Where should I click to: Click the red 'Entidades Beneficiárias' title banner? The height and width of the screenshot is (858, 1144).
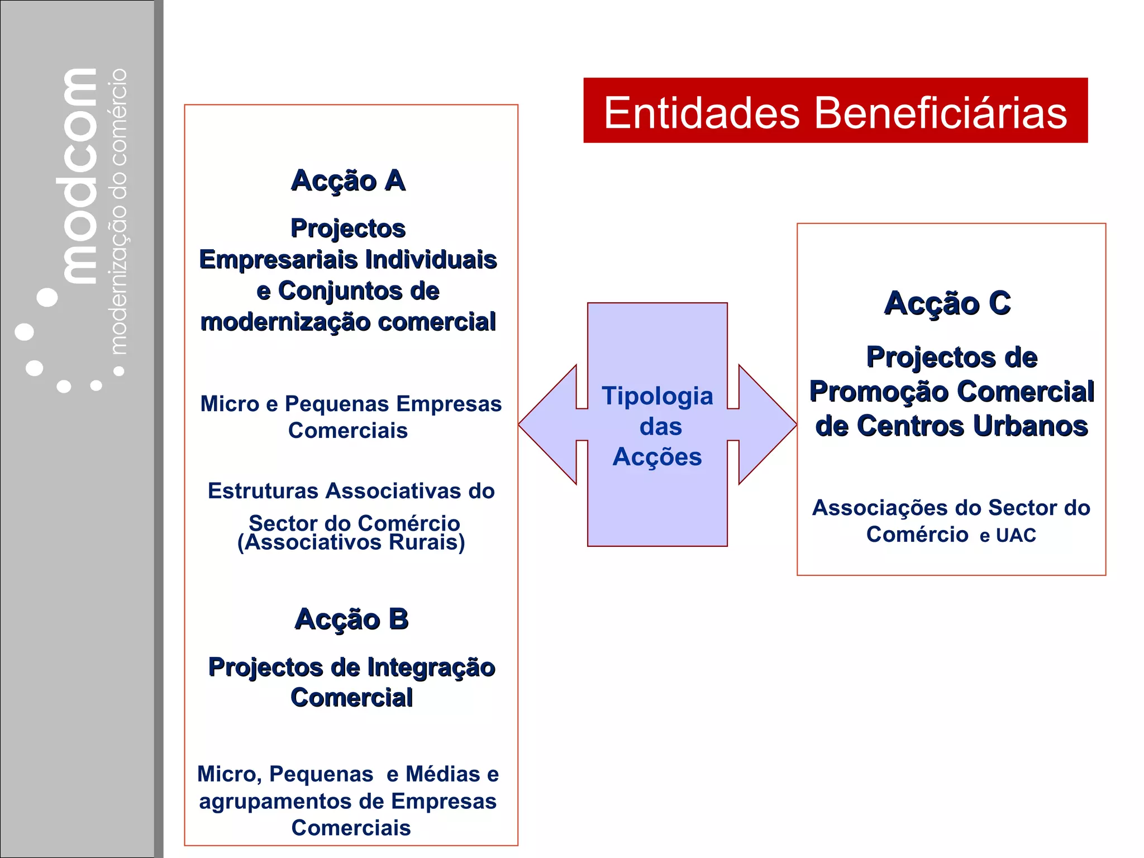coord(835,111)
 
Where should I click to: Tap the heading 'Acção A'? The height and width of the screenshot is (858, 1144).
coord(348,180)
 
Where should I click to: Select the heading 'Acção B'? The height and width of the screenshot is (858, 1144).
coord(351,619)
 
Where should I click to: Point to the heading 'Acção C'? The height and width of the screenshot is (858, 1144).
coord(947,303)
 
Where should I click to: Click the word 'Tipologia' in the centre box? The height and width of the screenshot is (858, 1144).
coord(657,396)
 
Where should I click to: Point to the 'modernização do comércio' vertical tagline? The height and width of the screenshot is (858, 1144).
coord(119,212)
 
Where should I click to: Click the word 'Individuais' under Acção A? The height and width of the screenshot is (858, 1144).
coord(431,260)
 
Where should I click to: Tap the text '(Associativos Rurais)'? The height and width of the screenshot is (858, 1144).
coord(351,542)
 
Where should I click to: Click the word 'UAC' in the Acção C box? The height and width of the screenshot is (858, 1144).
coord(1016,535)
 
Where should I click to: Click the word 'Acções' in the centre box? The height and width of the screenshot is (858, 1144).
coord(657,457)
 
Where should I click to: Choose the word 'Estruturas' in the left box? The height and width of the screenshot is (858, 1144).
coord(264,491)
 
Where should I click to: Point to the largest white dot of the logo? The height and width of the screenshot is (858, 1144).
coord(47,297)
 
